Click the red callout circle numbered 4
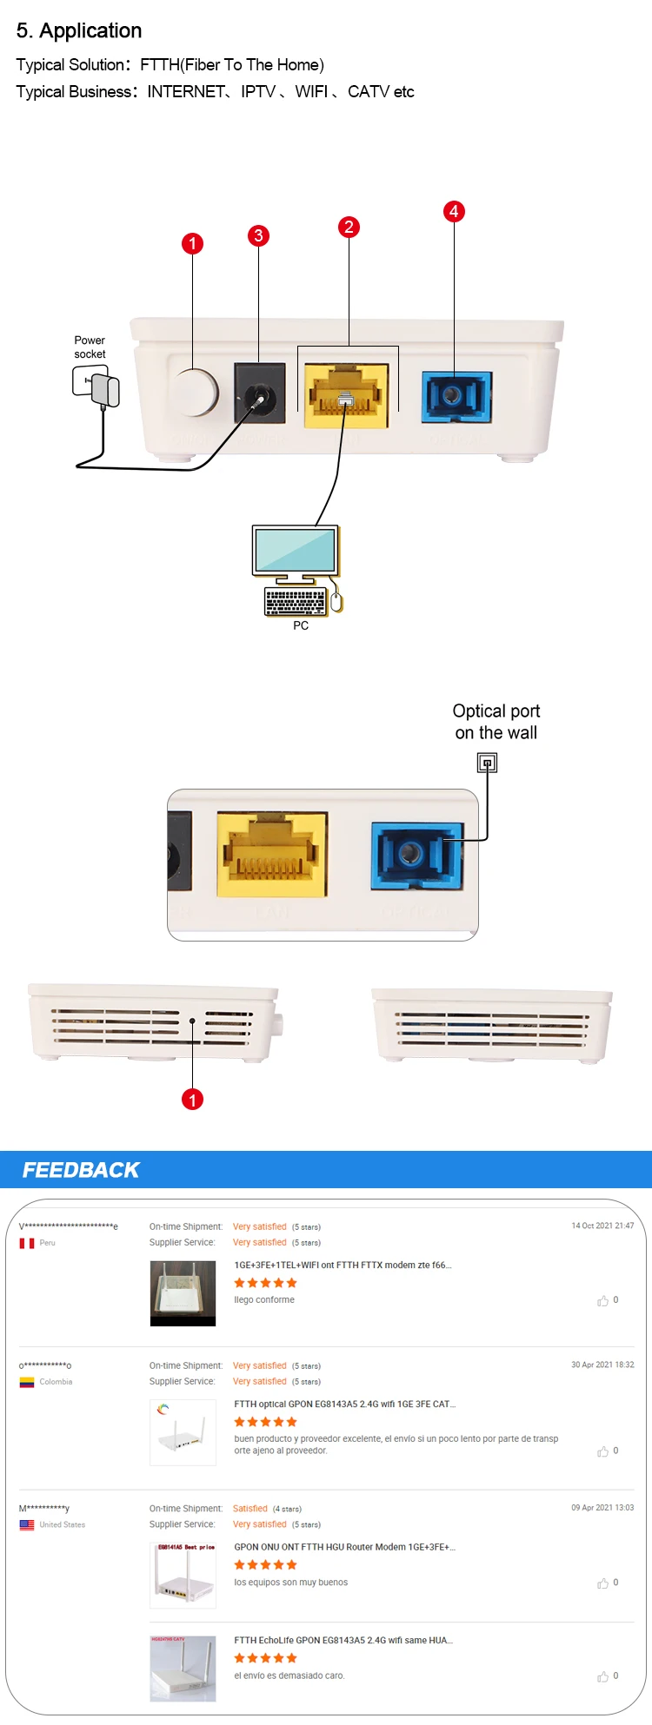454,211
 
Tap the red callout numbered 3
258,235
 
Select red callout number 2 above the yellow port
349,227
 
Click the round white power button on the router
196,393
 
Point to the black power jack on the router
260,393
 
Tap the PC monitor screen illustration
296,550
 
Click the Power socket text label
90,347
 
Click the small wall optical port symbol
488,763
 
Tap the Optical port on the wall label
496,722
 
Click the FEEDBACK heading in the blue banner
81,1170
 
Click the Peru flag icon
27,1243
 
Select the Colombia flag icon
27,1382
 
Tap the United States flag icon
27,1524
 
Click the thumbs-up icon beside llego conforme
602,1300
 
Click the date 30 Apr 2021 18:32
602,1365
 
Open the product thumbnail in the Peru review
183,1293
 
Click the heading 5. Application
79,30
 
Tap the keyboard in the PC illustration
296,601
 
